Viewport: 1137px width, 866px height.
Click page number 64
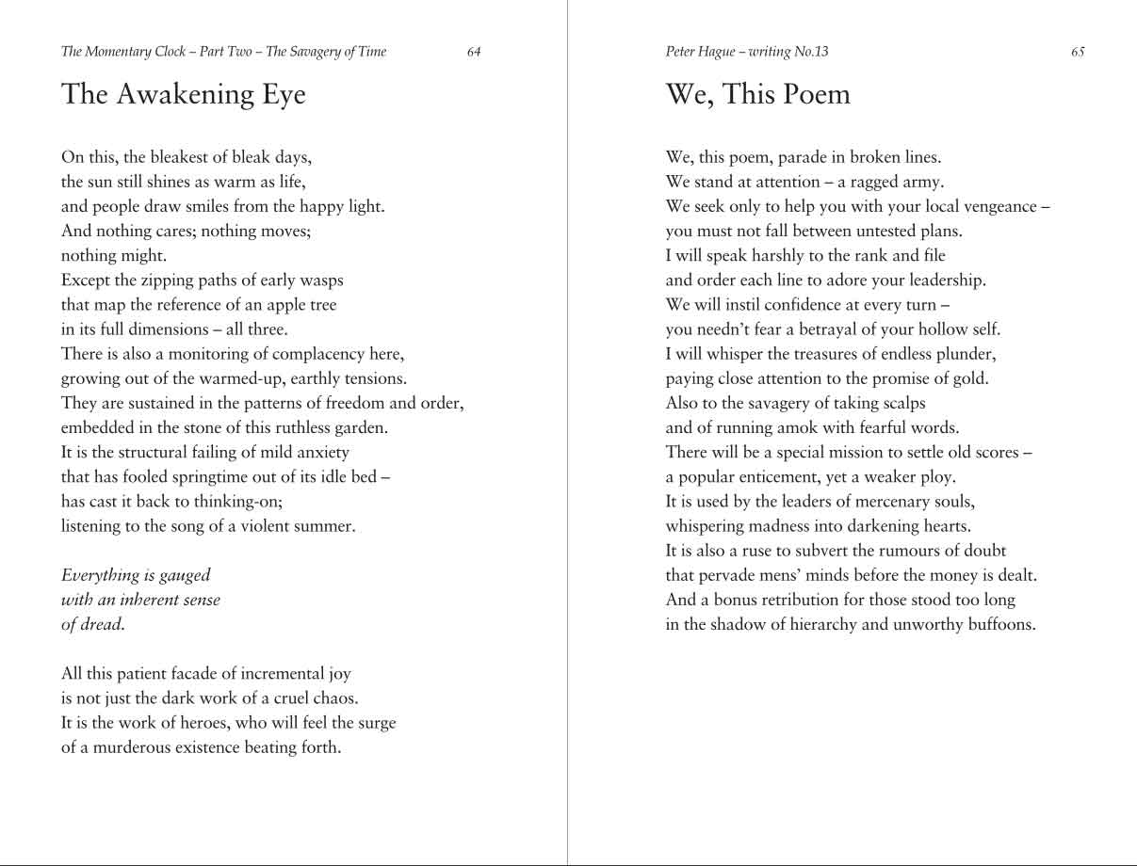tap(474, 52)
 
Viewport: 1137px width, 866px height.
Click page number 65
tap(1078, 52)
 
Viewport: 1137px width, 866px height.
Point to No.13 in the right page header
tap(810, 52)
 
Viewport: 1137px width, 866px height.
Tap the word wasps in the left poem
tap(321, 281)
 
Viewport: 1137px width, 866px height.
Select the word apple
tap(269, 305)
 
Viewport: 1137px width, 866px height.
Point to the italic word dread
tap(104, 624)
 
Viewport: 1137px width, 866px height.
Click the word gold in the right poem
tap(971, 378)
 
